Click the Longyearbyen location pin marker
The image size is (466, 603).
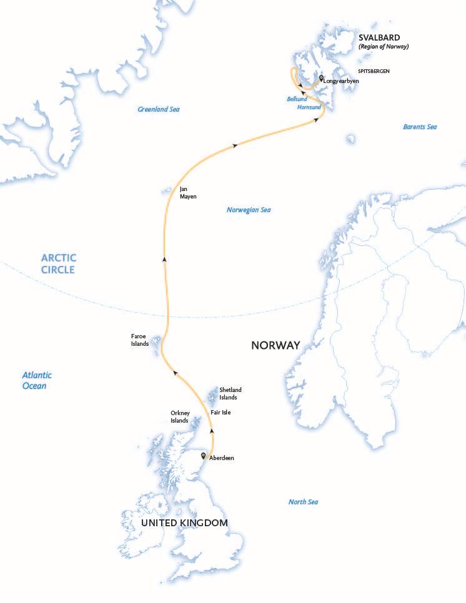[x=321, y=79]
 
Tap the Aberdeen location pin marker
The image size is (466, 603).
[x=204, y=456]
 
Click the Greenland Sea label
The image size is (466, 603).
[x=159, y=109]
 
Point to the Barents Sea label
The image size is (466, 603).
[x=420, y=127]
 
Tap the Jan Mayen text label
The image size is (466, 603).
[x=188, y=192]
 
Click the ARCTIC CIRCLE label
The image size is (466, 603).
[x=58, y=263]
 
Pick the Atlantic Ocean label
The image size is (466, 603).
[x=37, y=380]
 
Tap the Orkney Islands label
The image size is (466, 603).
[x=179, y=416]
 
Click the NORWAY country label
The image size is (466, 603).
[x=275, y=345]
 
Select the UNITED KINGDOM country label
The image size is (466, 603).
[x=184, y=522]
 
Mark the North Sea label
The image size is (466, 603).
[x=304, y=502]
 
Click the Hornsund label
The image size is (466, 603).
[x=309, y=107]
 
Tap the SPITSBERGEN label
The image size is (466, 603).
[x=374, y=72]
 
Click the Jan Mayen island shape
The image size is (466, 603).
[x=166, y=189]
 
